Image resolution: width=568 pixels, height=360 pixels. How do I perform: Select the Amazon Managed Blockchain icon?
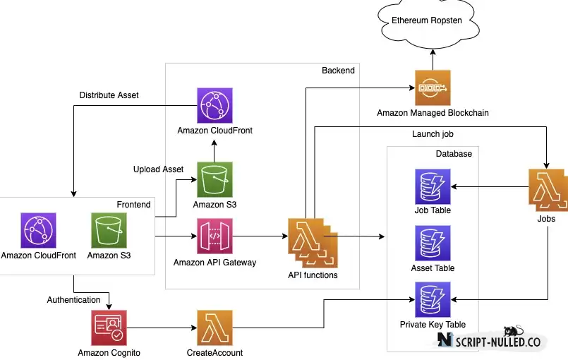[x=433, y=88]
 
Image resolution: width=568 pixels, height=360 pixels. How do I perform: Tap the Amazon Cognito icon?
[x=109, y=328]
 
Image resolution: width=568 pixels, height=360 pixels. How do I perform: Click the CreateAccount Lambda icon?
[x=214, y=328]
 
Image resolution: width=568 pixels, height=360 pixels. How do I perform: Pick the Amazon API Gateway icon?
[x=214, y=236]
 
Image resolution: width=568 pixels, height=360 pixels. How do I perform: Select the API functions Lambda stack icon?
[x=313, y=243]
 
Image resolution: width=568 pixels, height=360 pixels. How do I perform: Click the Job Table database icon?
[x=433, y=187]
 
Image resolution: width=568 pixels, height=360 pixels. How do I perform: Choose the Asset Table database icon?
[x=433, y=244]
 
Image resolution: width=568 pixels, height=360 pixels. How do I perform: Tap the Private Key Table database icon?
[x=433, y=299]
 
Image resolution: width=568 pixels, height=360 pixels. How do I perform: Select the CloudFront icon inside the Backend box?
[x=214, y=105]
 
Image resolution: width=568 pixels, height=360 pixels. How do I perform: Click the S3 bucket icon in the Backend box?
[x=214, y=179]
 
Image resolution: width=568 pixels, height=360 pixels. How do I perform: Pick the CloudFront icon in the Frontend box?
[x=38, y=230]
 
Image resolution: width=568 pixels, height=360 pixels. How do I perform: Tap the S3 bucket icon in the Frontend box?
[x=109, y=230]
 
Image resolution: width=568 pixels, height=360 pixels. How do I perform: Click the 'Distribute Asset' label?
[x=109, y=95]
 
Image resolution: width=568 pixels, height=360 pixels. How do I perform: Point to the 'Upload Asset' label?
[x=158, y=169]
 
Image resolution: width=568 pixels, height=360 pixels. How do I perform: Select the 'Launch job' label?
[x=433, y=134]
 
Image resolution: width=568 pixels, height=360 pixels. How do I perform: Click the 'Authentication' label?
[x=73, y=300]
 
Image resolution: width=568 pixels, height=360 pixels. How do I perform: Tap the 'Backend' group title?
[x=338, y=71]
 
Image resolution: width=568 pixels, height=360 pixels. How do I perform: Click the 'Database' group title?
[x=454, y=154]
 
